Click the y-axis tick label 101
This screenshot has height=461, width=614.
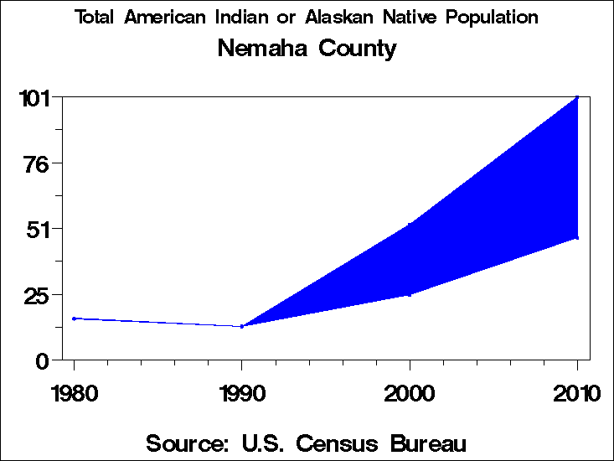coord(35,97)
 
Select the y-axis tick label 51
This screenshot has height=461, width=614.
coord(39,229)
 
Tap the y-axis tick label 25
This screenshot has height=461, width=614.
coord(39,295)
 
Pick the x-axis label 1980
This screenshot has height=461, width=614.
coord(74,393)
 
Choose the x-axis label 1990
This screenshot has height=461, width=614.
coord(241,393)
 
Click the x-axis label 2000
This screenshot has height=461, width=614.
coord(410,393)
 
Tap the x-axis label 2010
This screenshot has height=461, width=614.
coord(576,393)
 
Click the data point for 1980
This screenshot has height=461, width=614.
coord(74,319)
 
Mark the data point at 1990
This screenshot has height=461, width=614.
coord(242,326)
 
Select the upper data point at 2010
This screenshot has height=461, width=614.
coord(577,97)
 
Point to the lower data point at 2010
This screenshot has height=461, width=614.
coord(577,238)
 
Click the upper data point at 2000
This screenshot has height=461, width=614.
coord(410,224)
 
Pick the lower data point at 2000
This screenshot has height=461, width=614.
coord(410,294)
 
